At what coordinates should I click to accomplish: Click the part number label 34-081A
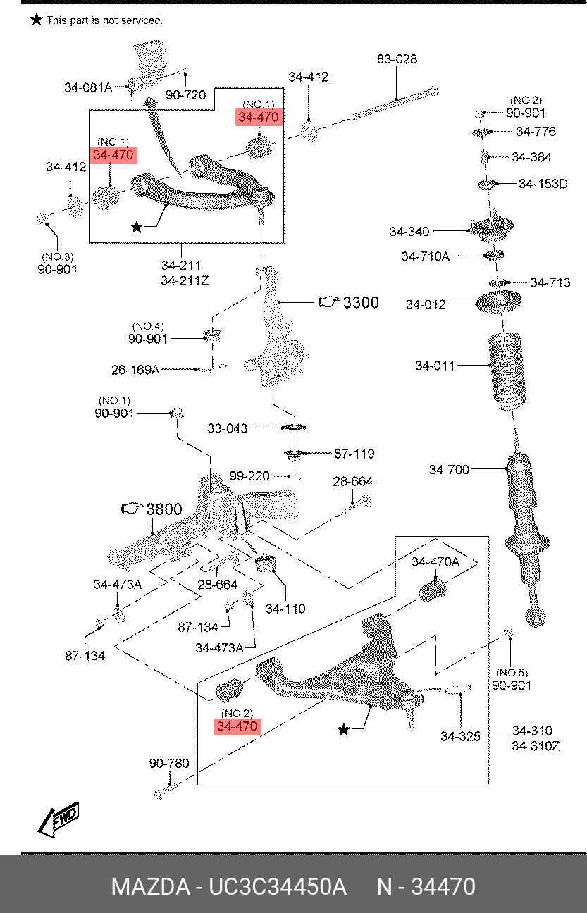(x=88, y=87)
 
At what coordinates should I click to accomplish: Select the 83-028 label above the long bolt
(x=396, y=60)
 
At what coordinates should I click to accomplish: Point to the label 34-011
(x=435, y=366)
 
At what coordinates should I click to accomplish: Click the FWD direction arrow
(x=58, y=820)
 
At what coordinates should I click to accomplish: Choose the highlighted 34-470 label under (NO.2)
(x=238, y=726)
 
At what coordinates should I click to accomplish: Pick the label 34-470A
(x=435, y=561)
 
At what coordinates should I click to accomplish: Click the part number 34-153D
(x=543, y=184)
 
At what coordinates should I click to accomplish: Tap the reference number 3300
(x=360, y=302)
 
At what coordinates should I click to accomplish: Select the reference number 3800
(x=163, y=509)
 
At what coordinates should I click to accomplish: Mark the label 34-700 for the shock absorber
(x=449, y=469)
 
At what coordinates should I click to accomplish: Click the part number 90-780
(x=169, y=763)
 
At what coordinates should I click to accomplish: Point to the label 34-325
(x=460, y=736)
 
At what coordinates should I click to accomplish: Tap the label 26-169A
(x=135, y=369)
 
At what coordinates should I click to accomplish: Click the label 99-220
(x=249, y=476)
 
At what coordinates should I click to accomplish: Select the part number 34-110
(x=285, y=609)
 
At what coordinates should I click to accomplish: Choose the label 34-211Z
(x=185, y=281)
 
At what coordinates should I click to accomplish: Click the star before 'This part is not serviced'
(x=36, y=20)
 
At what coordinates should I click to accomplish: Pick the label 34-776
(x=536, y=131)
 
